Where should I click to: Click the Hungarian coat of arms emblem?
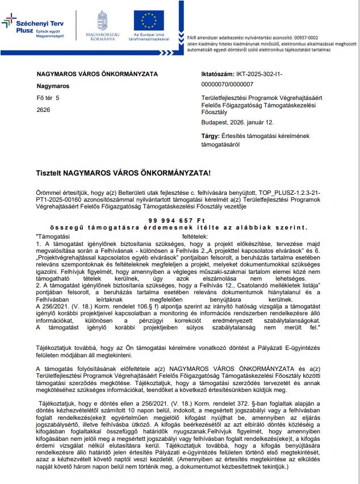102,20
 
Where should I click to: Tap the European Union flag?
149,20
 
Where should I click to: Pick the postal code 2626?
43,110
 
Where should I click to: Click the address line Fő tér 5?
48,98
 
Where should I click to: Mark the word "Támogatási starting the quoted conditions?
52,235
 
